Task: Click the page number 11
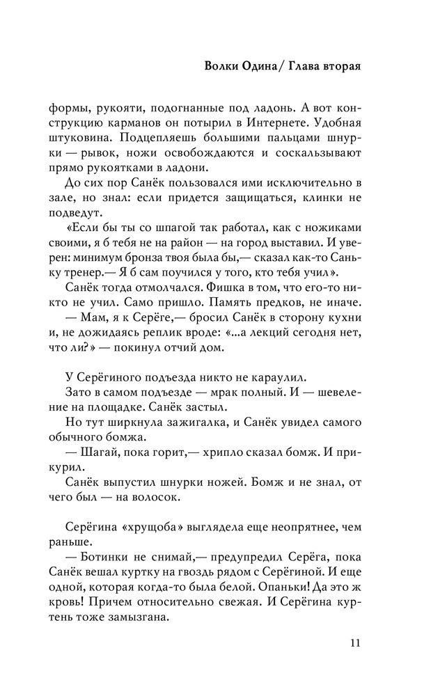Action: pyautogui.click(x=356, y=642)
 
